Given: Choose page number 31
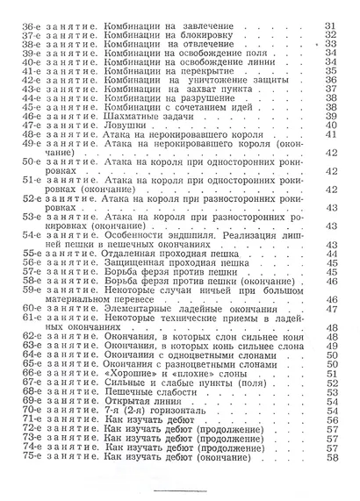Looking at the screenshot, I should (x=331, y=27).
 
